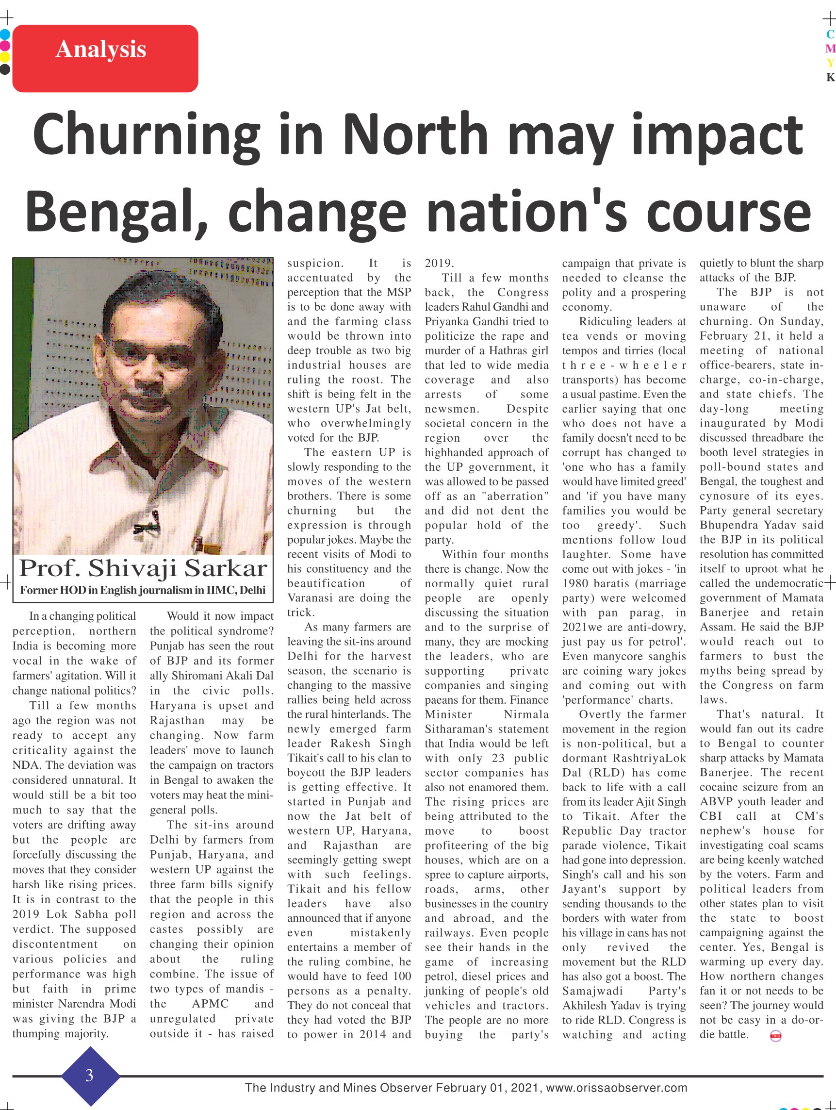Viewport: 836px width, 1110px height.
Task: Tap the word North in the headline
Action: coord(416,134)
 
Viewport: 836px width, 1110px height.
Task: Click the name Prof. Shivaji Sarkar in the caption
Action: coord(143,568)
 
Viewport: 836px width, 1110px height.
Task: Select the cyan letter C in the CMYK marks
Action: coord(830,34)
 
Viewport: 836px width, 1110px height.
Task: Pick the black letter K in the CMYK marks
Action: coord(830,77)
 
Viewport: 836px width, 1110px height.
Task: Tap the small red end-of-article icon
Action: coord(775,1036)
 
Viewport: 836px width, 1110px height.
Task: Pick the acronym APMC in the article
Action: coord(210,1003)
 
